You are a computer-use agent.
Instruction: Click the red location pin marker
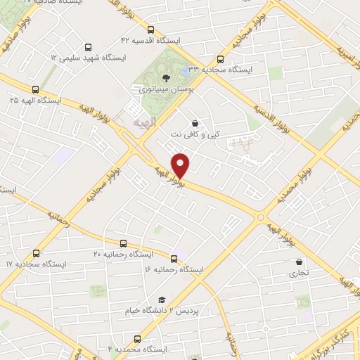181,165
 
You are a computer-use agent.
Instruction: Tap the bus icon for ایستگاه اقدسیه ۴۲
151,30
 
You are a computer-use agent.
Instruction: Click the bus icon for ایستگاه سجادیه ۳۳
221,59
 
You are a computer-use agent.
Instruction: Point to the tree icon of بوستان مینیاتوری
165,78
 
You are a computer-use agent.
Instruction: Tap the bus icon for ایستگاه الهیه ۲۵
35,89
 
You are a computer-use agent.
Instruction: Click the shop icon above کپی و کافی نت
194,124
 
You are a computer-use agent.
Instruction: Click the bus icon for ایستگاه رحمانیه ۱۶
174,258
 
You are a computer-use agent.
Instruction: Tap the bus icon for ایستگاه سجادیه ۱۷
35,252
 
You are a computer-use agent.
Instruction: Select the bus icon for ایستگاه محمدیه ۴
137,338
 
